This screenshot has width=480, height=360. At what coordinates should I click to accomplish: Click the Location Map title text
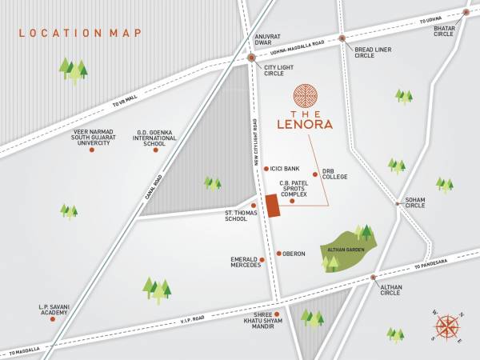pyautogui.click(x=80, y=33)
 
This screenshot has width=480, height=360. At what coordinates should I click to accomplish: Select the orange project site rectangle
pyautogui.click(x=272, y=205)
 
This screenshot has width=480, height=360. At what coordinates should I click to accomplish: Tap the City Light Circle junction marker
pyautogui.click(x=251, y=58)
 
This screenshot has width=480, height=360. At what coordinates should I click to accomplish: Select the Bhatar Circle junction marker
pyautogui.click(x=466, y=13)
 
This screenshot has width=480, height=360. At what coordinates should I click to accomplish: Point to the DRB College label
pyautogui.click(x=334, y=173)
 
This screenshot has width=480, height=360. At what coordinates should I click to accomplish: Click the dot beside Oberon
pyautogui.click(x=277, y=254)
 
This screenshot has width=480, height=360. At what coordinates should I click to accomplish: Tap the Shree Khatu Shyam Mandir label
pyautogui.click(x=264, y=320)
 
